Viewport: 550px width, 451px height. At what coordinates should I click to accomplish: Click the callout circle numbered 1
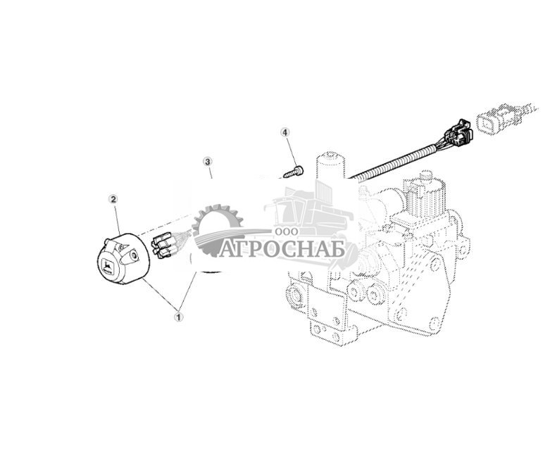(178, 317)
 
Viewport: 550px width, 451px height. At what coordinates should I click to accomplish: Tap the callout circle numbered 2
(113, 199)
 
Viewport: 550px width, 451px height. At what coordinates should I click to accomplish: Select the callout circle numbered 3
(208, 161)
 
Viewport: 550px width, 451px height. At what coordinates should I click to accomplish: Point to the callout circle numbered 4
(285, 132)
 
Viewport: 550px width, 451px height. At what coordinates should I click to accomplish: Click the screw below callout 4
(291, 171)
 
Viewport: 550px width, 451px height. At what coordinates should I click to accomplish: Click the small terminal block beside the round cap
(163, 245)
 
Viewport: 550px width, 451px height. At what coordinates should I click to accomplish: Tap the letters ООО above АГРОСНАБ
(287, 231)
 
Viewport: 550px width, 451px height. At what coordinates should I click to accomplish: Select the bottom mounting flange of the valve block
(331, 331)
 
